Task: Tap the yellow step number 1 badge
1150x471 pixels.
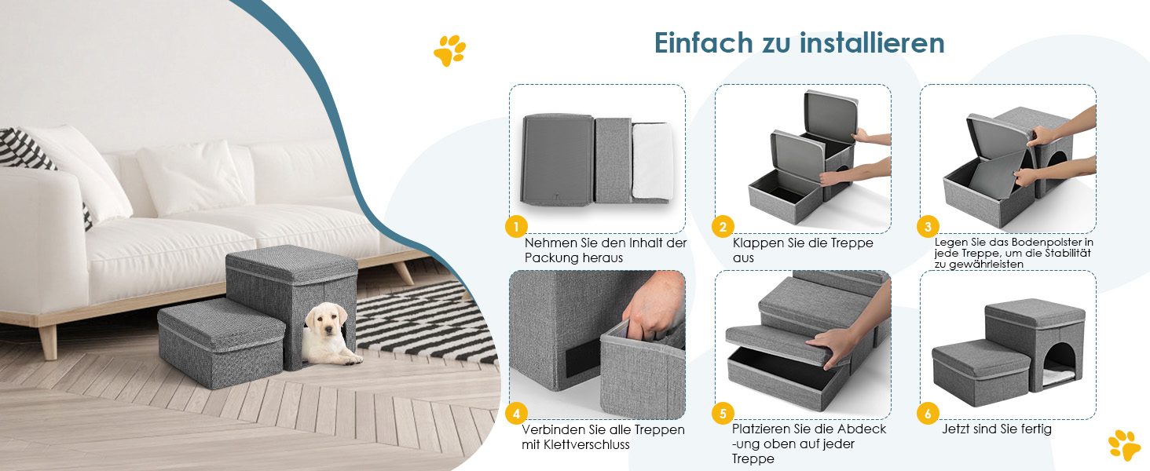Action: [x=516, y=226]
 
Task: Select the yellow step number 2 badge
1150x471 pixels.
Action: [x=723, y=226]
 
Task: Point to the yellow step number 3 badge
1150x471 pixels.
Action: [x=928, y=226]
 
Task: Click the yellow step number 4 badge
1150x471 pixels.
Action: [x=516, y=414]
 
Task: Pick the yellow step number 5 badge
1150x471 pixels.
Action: [x=723, y=414]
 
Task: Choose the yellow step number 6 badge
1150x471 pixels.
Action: [x=928, y=414]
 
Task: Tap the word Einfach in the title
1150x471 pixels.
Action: [x=703, y=42]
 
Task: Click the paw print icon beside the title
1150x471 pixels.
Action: [x=450, y=50]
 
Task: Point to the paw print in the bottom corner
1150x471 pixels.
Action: [x=1124, y=445]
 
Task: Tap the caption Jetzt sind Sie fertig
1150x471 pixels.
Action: [x=997, y=429]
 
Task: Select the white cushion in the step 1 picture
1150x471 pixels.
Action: [x=652, y=161]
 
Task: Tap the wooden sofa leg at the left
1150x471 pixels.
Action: [x=48, y=342]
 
